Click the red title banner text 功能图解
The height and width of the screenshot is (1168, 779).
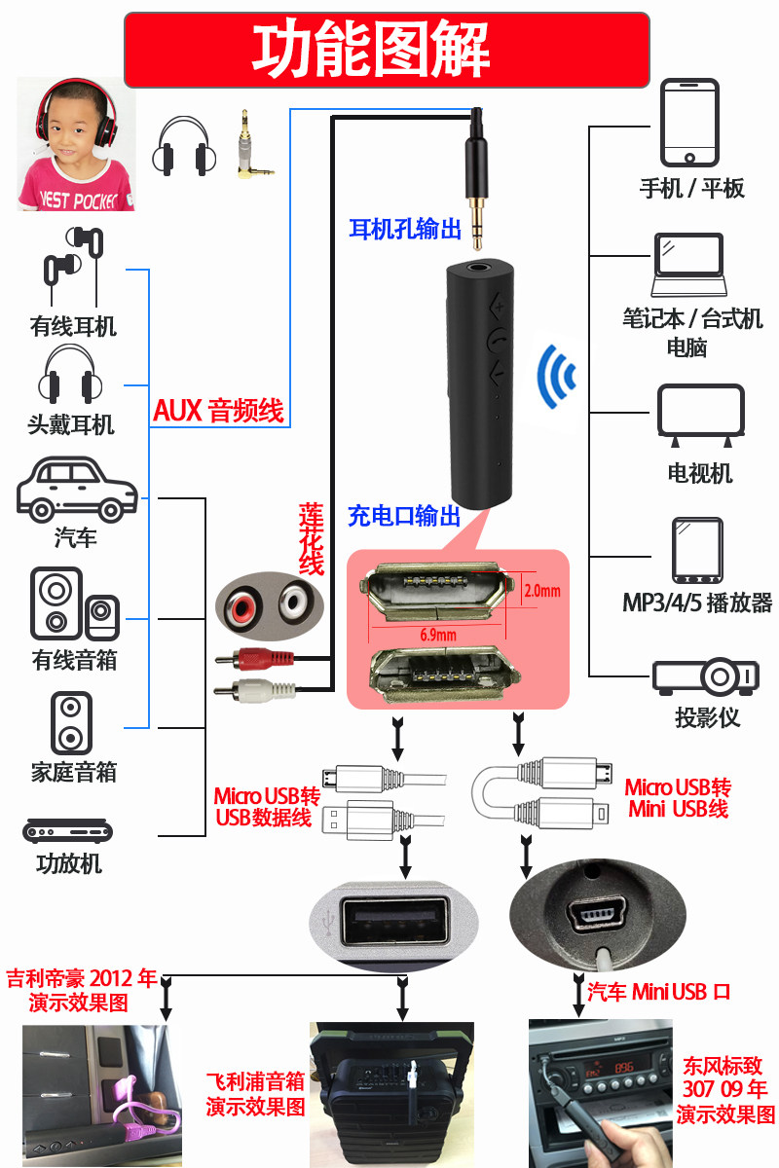pos(371,49)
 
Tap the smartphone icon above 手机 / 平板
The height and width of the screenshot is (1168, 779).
pos(689,123)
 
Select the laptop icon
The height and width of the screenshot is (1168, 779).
pos(688,265)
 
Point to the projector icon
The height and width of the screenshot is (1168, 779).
pos(705,676)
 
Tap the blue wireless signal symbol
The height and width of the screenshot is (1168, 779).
pos(556,376)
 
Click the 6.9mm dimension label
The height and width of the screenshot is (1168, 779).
pos(438,635)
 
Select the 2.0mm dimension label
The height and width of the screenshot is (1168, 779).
pos(542,591)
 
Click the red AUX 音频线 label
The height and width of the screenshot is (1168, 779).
pos(219,411)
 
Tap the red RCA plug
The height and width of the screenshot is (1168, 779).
pos(254,659)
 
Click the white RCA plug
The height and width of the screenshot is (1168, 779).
pos(254,690)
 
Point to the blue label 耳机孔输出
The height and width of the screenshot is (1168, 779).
pos(405,229)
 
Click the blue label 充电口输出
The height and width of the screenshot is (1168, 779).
pos(404,516)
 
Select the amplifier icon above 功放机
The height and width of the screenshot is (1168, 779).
pos(67,830)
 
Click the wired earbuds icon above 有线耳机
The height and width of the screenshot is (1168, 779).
pos(73,266)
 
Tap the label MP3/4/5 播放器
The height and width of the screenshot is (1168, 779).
pos(697,602)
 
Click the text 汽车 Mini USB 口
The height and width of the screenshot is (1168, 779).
pos(658,992)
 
